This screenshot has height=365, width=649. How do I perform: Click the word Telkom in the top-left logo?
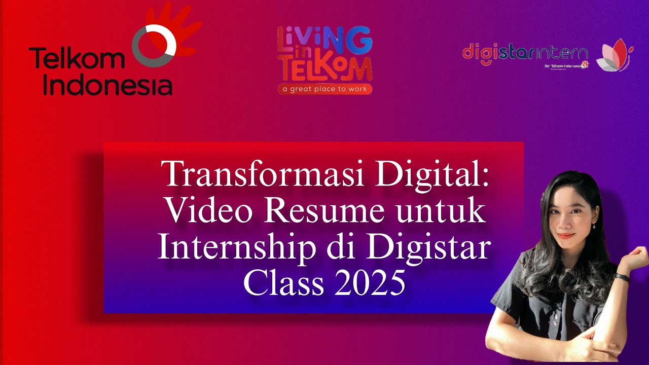point(76,59)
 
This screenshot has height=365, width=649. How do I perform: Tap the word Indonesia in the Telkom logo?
point(107,85)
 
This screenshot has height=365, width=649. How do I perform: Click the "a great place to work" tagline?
point(325,89)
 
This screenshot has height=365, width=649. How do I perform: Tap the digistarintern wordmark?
point(525,53)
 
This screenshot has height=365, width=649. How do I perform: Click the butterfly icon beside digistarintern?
point(614,55)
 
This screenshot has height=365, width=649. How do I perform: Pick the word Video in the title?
point(205,211)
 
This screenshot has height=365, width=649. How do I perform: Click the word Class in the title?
point(283,283)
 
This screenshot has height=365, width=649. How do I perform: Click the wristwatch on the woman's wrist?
point(622,278)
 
